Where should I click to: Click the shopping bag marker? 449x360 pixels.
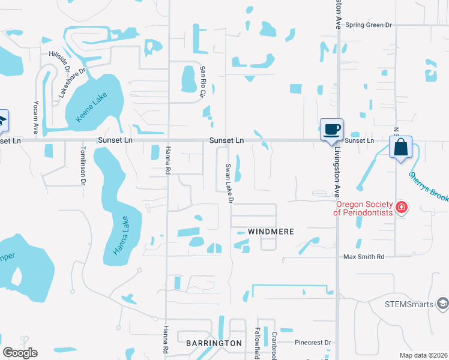click(400, 146)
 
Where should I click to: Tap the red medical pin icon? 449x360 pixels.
click(402, 208)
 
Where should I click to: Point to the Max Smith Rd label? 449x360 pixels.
click(363, 257)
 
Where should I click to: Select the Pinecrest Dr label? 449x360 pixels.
click(313, 343)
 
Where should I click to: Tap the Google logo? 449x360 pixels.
click(20, 353)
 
